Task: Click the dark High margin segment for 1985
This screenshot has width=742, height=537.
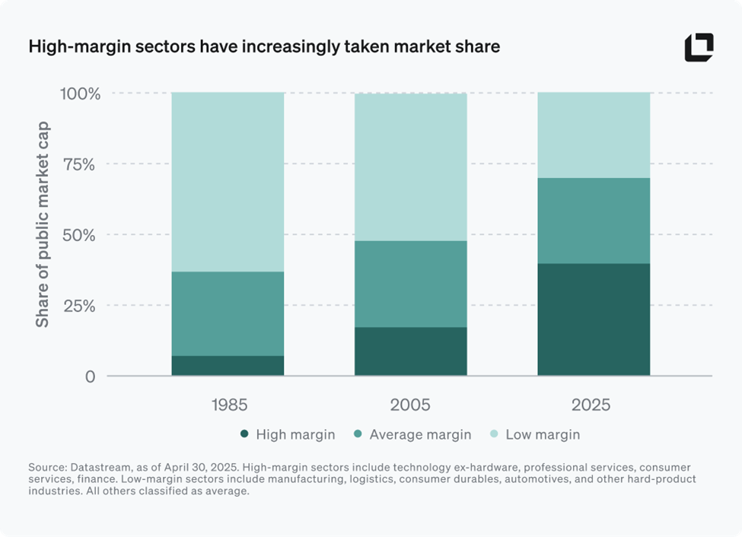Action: point(228,366)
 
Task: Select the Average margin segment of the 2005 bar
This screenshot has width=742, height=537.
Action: point(411,284)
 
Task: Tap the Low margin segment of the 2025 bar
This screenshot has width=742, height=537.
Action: point(594,135)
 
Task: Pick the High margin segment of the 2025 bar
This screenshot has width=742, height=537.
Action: point(594,319)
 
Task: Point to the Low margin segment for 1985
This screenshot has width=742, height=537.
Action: point(228,183)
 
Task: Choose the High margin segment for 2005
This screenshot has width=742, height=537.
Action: point(411,351)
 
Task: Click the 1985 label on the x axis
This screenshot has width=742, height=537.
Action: point(228,405)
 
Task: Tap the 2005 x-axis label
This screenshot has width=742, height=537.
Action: point(411,405)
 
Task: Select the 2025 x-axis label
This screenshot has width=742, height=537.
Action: point(594,405)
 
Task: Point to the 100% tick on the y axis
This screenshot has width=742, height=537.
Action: point(79,94)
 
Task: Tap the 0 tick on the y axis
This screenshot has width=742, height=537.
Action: point(91,377)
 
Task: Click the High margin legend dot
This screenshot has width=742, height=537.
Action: point(244,434)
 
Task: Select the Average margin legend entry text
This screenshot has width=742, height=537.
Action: point(420,435)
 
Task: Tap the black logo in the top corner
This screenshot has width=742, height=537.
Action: point(699,47)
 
